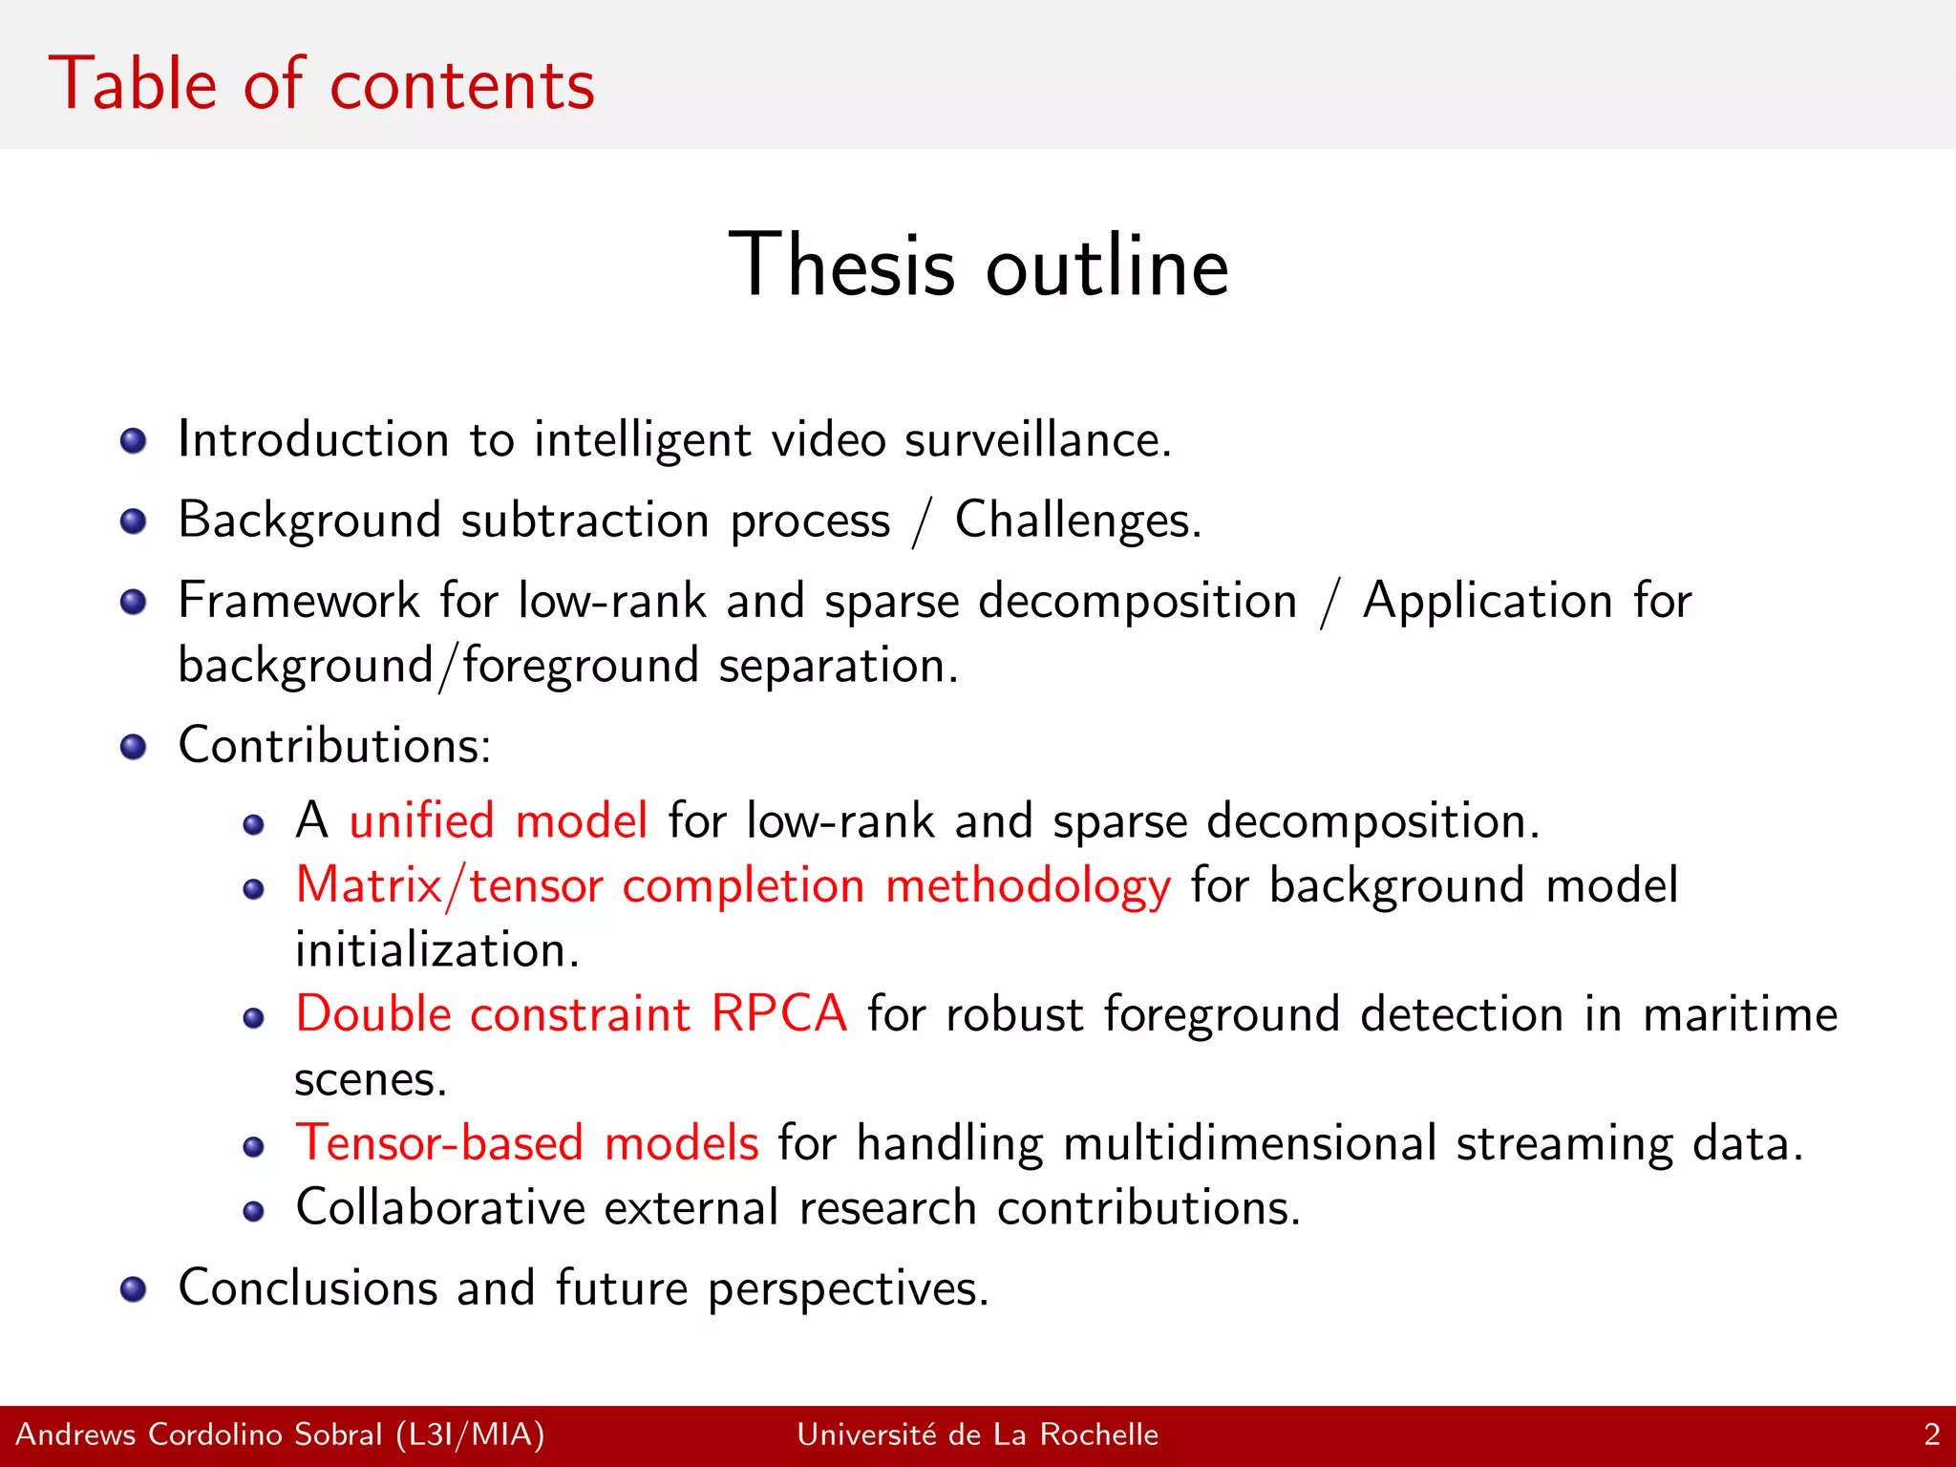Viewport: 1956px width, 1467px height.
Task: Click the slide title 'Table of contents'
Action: click(x=321, y=84)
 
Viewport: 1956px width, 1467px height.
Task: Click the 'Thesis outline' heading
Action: click(x=978, y=266)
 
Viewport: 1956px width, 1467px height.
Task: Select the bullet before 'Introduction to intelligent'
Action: click(x=134, y=441)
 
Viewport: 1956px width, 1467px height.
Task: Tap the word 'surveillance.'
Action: click(x=1037, y=441)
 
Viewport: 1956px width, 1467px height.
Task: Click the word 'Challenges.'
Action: click(x=1077, y=521)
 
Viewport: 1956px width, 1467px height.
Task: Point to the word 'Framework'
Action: click(x=298, y=602)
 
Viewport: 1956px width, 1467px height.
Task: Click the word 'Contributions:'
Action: click(x=334, y=745)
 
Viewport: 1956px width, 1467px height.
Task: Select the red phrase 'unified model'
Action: click(x=499, y=821)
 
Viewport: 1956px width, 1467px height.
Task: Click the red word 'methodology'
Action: click(x=1028, y=886)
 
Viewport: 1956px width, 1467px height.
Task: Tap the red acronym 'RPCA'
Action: click(x=779, y=1014)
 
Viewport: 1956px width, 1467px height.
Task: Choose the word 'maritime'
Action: click(x=1740, y=1014)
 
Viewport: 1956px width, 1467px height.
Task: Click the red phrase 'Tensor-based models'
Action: click(x=527, y=1143)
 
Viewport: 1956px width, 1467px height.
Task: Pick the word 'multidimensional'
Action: click(x=1249, y=1143)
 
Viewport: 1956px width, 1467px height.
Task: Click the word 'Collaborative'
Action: click(x=440, y=1208)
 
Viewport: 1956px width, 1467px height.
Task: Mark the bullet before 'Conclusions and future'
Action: click(x=134, y=1289)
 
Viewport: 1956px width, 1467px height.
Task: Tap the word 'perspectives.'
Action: click(x=848, y=1289)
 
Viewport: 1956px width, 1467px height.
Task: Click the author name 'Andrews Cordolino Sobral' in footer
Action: click(x=199, y=1435)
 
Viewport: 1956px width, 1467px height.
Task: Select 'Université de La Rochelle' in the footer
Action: click(x=977, y=1435)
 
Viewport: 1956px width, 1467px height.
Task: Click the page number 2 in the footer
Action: click(x=1931, y=1435)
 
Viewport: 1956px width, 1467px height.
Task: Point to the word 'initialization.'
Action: click(x=437, y=951)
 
